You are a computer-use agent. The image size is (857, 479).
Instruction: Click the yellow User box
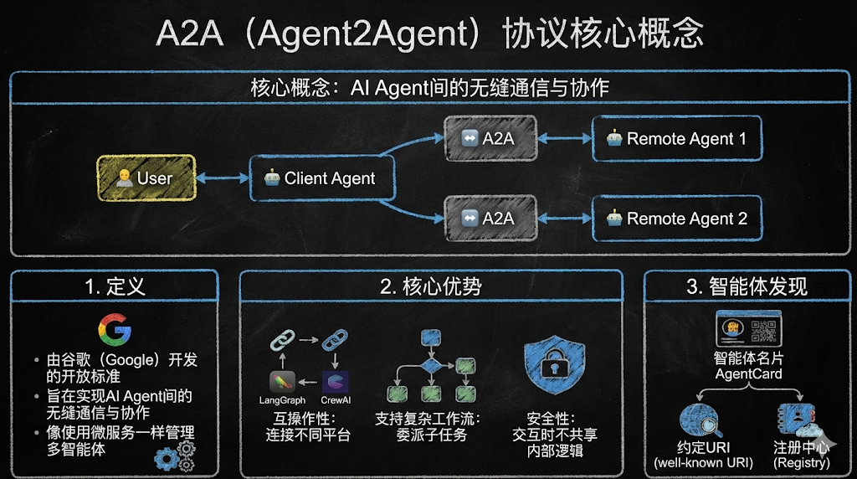coord(146,178)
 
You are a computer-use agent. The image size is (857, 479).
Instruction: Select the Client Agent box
coord(321,178)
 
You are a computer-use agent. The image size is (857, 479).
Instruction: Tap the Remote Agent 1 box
coord(677,138)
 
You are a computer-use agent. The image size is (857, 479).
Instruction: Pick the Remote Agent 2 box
coord(677,219)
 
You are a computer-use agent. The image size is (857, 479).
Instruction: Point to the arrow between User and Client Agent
coord(223,178)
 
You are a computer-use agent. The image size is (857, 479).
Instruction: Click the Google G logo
coord(115,331)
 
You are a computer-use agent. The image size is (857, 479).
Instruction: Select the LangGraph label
coord(282,400)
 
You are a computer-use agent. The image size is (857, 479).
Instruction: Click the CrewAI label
coord(335,400)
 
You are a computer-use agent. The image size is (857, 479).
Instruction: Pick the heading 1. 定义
coord(115,286)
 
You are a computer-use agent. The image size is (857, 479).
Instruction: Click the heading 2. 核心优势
coord(430,286)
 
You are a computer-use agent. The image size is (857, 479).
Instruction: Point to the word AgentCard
coord(748,373)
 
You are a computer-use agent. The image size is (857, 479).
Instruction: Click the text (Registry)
coord(801,462)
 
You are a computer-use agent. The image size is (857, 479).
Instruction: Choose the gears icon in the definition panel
coord(176,455)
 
